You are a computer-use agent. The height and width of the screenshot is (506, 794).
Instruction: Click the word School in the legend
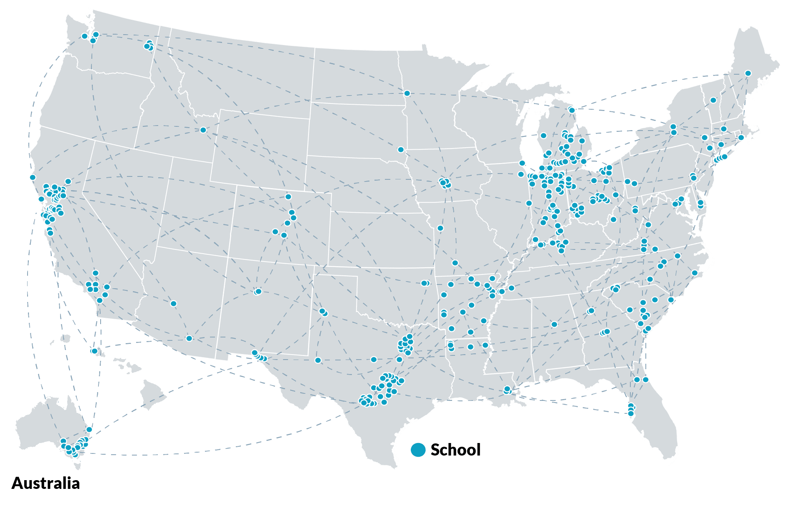point(455,450)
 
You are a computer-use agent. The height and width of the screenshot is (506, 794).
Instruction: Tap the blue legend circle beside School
point(418,450)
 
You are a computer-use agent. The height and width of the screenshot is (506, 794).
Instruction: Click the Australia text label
point(46,483)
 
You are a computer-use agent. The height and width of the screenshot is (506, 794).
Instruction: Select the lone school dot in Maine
point(748,73)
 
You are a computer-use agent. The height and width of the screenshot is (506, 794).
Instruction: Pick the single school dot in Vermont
point(713,100)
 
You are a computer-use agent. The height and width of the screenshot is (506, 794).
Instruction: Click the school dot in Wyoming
point(203,130)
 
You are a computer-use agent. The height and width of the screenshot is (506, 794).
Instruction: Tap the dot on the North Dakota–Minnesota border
point(407,93)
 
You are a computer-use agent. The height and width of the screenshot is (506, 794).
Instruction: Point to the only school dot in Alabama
point(554,324)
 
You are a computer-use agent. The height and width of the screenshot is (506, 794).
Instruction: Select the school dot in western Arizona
point(174,303)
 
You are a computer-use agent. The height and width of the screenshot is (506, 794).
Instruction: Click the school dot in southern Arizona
point(189,338)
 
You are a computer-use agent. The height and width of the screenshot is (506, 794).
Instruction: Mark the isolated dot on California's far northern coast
point(33,177)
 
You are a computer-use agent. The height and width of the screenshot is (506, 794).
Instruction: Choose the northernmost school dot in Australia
point(89,429)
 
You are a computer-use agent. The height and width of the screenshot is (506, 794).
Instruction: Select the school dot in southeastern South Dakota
point(401,149)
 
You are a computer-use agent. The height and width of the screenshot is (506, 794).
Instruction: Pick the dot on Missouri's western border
point(440,228)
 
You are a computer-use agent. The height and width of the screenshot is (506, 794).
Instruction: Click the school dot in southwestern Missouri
point(455,263)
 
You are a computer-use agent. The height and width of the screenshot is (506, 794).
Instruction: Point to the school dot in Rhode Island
point(741,137)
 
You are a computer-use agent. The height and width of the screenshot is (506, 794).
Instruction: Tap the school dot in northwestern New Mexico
point(258,292)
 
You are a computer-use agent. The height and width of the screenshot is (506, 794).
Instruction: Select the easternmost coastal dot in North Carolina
point(695,273)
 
